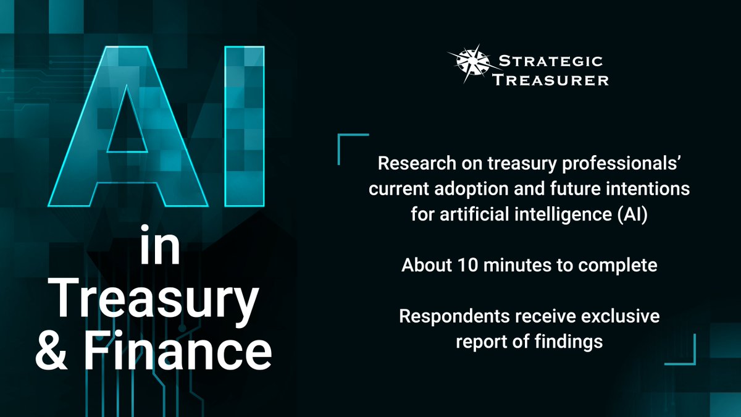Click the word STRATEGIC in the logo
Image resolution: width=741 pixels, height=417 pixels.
tap(550, 61)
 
